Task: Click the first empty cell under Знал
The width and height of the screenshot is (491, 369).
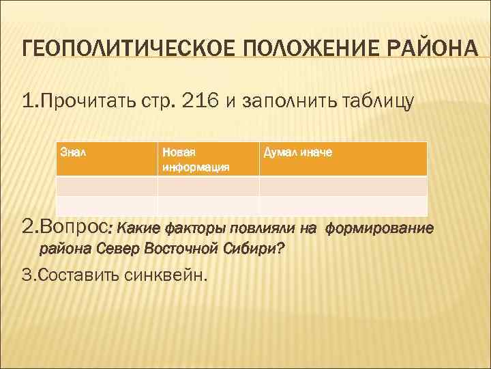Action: click(106, 187)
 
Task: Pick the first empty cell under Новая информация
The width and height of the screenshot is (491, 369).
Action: click(208, 187)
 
